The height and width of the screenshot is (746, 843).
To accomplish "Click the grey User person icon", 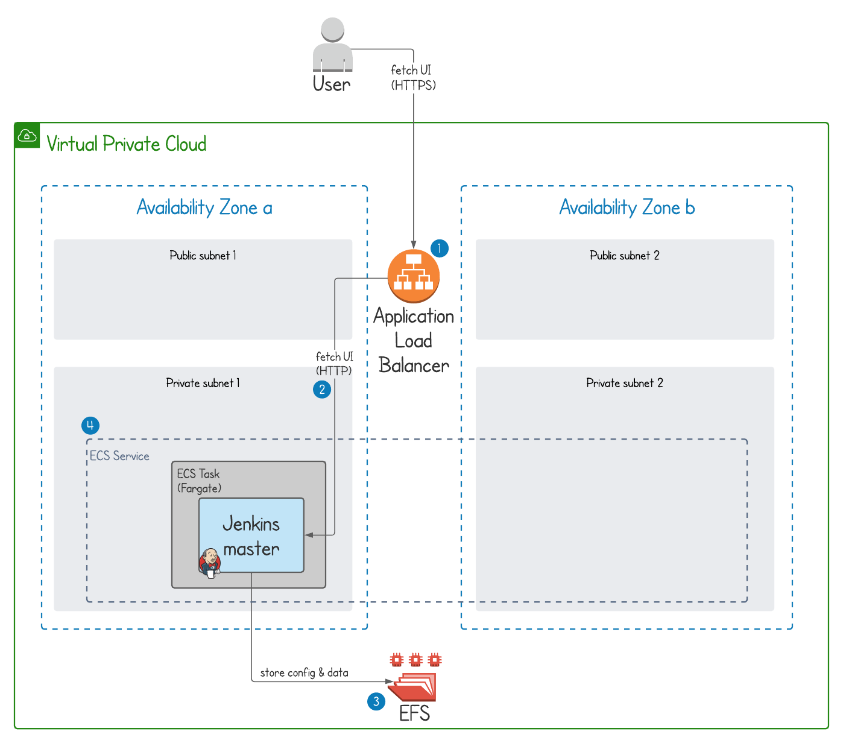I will click(332, 46).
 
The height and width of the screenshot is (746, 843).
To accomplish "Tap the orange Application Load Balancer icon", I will click(414, 276).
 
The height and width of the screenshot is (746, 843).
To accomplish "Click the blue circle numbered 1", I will click(440, 248).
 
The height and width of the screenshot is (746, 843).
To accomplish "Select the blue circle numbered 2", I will click(322, 390).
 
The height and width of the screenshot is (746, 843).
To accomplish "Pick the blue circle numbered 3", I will click(376, 701).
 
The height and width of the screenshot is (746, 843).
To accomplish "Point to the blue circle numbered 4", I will click(90, 426).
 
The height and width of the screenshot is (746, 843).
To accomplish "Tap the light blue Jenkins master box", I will click(251, 535).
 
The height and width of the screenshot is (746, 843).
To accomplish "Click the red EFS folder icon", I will click(414, 686).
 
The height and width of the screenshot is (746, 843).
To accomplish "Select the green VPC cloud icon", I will click(27, 136).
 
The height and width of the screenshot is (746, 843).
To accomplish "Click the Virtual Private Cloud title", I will click(127, 144).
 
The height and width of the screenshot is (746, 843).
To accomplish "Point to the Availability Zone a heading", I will click(204, 208).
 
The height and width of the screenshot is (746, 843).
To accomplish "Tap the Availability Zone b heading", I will click(627, 208).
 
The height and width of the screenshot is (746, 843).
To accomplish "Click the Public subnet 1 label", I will click(203, 256).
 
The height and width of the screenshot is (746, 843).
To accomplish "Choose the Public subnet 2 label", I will click(625, 256).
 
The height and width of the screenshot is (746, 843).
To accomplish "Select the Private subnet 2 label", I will click(625, 383).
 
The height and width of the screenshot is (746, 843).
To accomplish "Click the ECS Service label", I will click(119, 457).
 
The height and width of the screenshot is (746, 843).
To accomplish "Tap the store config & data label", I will click(304, 673).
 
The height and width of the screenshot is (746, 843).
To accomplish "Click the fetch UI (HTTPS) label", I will click(413, 78).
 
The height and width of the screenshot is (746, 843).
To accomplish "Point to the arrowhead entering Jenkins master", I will click(309, 535).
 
